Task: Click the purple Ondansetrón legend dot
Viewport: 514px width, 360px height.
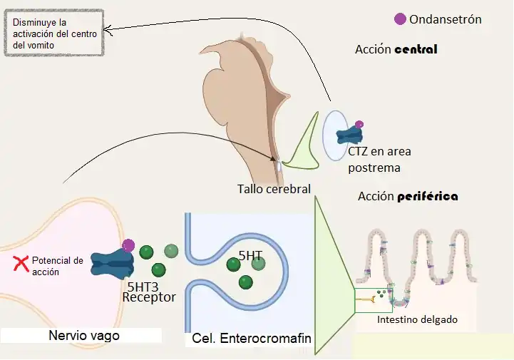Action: pyautogui.click(x=400, y=19)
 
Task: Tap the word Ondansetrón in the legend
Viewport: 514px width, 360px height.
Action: pyautogui.click(x=446, y=19)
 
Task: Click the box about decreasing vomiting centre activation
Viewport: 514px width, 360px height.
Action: pyautogui.click(x=54, y=33)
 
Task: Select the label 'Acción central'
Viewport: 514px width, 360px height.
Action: pyautogui.click(x=396, y=50)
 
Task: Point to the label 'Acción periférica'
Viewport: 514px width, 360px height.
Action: pyautogui.click(x=408, y=196)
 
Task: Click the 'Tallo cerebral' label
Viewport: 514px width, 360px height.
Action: pyautogui.click(x=274, y=189)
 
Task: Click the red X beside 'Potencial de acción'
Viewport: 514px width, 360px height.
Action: pyautogui.click(x=22, y=265)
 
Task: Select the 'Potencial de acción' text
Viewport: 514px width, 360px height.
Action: pyautogui.click(x=58, y=266)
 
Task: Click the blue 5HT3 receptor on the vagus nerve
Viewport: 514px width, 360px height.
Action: pyautogui.click(x=113, y=264)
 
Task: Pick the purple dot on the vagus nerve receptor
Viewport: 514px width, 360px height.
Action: pyautogui.click(x=128, y=246)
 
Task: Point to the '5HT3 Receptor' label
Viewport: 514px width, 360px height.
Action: pyautogui.click(x=148, y=292)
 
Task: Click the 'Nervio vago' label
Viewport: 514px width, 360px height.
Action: pyautogui.click(x=84, y=335)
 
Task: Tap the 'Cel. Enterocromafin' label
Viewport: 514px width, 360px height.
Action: pyautogui.click(x=252, y=339)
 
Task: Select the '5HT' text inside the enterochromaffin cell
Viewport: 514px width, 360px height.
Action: pyautogui.click(x=250, y=254)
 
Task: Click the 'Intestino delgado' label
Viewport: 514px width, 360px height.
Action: pyautogui.click(x=417, y=320)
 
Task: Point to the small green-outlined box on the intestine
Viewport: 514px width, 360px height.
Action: pyautogui.click(x=373, y=298)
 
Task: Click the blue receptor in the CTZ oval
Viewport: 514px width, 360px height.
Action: pyautogui.click(x=349, y=135)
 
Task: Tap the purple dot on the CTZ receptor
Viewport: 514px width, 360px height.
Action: pyautogui.click(x=359, y=125)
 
